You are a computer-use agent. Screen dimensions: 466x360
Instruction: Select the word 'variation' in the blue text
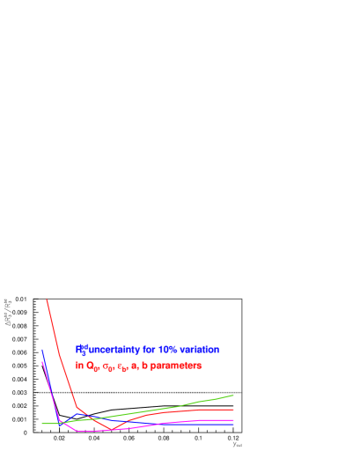point(200,350)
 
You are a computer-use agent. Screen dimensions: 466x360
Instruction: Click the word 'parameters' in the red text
point(176,365)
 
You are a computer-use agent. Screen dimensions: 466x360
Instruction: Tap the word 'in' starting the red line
point(79,365)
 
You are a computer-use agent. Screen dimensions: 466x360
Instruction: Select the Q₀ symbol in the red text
point(91,366)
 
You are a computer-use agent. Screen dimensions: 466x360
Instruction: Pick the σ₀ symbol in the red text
point(107,366)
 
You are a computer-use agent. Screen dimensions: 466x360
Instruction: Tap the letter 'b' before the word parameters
point(144,365)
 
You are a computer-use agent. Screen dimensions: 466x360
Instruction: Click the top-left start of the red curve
point(47,300)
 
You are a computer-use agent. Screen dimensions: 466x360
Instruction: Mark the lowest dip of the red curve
point(111,429)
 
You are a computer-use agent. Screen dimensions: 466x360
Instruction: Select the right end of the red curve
point(233,410)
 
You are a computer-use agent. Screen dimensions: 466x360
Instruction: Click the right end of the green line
point(233,395)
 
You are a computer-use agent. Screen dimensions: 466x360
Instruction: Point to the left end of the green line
point(42,423)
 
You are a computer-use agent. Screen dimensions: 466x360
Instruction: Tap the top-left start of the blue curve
point(42,350)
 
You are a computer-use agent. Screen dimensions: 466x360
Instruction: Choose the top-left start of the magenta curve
point(42,362)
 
